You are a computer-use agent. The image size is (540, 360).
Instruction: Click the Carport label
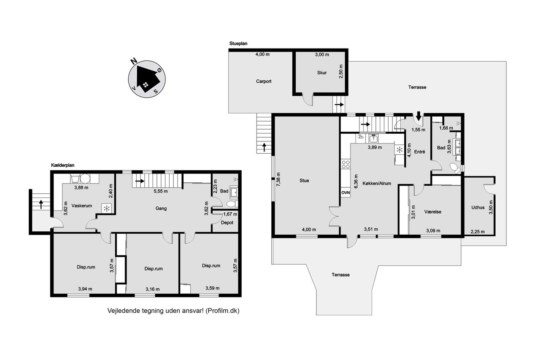264,81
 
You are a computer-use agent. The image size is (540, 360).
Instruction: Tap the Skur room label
322,73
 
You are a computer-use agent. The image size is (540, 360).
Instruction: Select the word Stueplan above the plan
238,43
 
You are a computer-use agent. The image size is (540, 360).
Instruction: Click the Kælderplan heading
63,165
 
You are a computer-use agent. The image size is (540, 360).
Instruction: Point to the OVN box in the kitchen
346,192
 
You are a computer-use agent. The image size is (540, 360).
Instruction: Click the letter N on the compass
134,61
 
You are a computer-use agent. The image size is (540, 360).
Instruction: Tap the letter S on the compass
156,92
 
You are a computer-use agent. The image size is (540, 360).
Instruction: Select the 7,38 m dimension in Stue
279,179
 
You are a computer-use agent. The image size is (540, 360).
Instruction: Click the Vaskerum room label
82,206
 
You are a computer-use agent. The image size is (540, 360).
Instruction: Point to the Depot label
227,222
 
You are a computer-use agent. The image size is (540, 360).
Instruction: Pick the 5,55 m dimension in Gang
161,191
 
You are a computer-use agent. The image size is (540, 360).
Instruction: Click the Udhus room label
478,207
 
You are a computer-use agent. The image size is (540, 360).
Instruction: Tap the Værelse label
433,212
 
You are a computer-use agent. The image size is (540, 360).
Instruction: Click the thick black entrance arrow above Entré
419,116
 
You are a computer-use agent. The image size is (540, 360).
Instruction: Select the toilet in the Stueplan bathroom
455,168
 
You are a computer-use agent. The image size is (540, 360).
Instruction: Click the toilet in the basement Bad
232,204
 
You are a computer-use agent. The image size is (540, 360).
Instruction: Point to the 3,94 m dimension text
85,289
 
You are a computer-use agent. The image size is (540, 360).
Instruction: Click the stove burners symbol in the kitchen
346,164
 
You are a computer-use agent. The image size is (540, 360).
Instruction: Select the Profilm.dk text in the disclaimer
222,311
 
